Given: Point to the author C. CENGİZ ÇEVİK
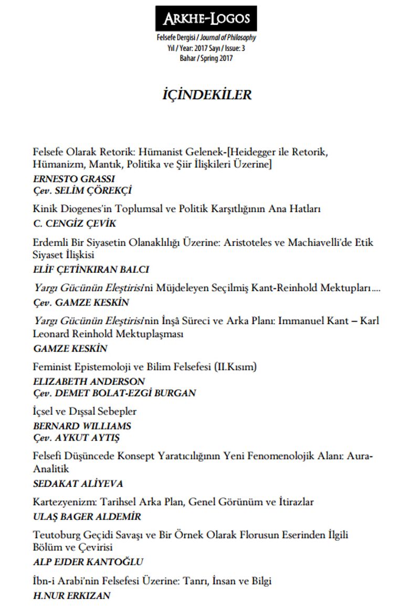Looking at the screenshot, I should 74,223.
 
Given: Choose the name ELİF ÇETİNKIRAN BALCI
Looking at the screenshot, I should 91,269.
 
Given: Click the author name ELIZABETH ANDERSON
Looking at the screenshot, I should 89,381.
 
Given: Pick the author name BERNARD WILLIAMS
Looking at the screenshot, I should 82,426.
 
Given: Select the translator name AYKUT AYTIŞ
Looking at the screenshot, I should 96,437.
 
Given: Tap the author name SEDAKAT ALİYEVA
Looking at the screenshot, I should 78,484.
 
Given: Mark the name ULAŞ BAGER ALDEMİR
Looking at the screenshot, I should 87,517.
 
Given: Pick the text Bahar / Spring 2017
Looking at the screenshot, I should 206,58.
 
